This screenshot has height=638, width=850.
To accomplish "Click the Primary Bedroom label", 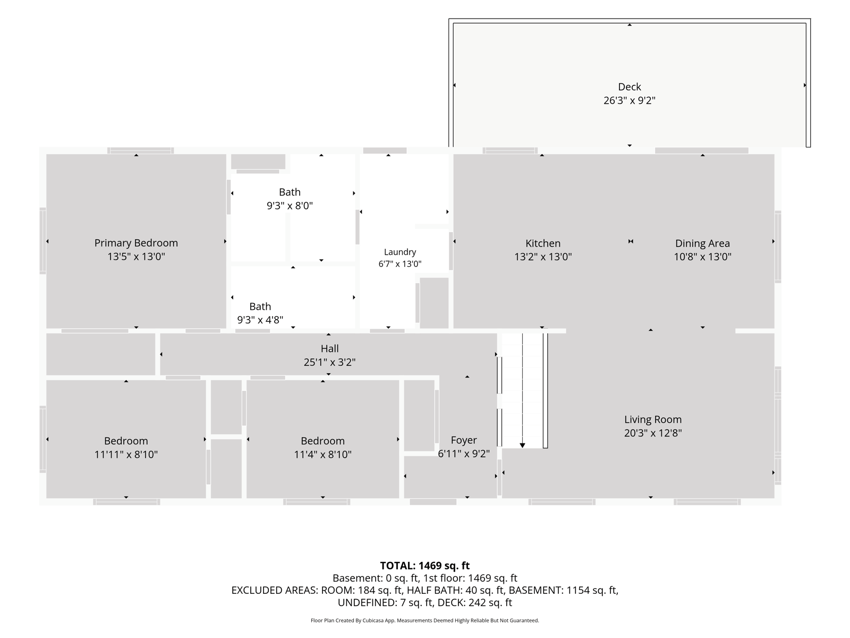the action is tap(136, 243).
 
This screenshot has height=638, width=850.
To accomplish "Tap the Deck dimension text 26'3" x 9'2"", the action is tap(630, 100).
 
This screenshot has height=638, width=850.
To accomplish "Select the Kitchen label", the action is tap(542, 244).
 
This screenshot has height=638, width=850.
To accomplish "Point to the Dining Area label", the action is tap(702, 244).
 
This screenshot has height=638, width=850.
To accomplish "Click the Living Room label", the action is tap(653, 419).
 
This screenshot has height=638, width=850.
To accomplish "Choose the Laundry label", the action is tap(400, 252).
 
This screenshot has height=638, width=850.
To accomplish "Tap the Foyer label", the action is tap(464, 440).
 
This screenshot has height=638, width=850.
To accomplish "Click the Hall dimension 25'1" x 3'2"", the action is tap(329, 362).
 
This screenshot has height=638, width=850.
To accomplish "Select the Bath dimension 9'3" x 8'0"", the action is tap(290, 206).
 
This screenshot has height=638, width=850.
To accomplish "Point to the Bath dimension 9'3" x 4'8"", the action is tap(260, 320).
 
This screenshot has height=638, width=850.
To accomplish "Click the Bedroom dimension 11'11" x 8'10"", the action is tap(126, 455).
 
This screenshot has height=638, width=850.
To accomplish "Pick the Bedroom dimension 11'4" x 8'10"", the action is tap(322, 455).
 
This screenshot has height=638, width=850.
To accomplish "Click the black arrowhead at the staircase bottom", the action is tap(522, 446).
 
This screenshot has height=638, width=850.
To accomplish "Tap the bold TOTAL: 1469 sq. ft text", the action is tap(425, 566).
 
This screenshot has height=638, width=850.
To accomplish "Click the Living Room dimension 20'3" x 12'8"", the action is tap(653, 433).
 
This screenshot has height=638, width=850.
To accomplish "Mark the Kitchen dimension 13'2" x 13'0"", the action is tap(542, 257).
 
